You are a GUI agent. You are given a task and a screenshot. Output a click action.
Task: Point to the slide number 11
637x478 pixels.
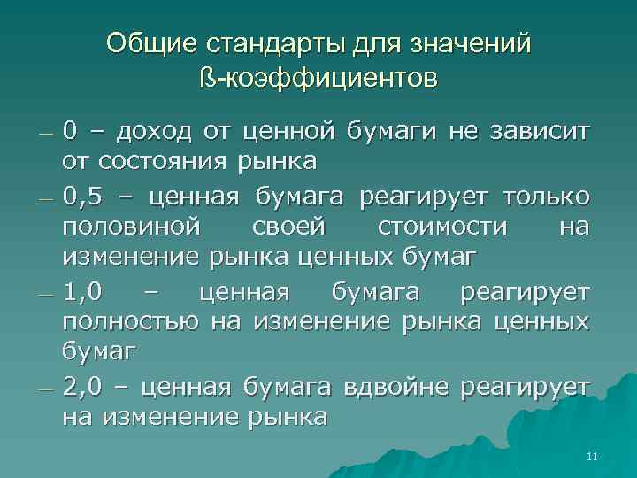(x=592, y=457)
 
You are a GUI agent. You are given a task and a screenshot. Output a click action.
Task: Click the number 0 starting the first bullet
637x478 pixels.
(x=69, y=131)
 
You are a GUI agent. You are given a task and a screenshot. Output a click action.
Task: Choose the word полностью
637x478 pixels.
(x=130, y=323)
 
